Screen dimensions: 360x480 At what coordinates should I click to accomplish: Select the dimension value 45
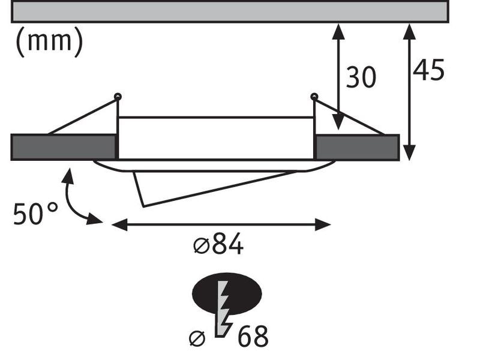pos(428,70)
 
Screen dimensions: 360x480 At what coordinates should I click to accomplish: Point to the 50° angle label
pos(35,214)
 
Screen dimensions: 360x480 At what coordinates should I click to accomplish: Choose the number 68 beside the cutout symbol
pos(252,337)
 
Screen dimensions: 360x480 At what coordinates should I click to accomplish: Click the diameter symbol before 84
pos(200,245)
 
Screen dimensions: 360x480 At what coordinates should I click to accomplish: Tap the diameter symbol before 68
pos(197,338)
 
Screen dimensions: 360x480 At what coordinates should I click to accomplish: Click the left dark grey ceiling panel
pos(63,147)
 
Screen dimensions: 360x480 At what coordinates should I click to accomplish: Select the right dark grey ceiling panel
pos(357,147)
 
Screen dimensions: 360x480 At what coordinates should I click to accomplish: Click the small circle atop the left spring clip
pos(118,96)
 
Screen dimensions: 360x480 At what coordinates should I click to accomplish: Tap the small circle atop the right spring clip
pos(314,96)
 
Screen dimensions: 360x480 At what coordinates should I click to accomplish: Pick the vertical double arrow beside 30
pos(338,76)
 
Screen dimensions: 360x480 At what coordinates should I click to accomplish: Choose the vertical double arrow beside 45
pos(409,92)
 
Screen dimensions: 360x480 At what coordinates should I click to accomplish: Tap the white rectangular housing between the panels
pos(216,138)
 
